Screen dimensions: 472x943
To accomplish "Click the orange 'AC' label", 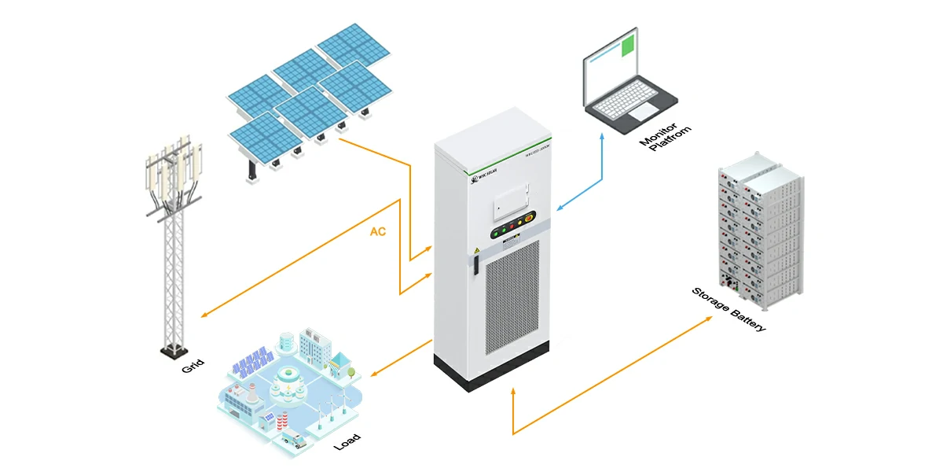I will (378, 233).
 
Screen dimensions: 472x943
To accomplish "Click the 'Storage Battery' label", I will (728, 309).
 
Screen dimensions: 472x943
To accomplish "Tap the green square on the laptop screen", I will (627, 45).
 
